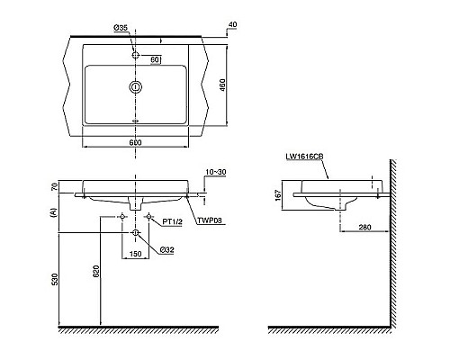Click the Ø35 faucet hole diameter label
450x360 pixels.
coord(121,28)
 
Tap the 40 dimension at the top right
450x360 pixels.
coord(232,24)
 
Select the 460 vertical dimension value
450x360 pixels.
coord(223,85)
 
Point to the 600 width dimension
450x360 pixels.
coord(135,142)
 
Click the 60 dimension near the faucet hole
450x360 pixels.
coord(155,59)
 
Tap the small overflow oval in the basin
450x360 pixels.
coord(136,121)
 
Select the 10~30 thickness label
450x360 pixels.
coord(216,172)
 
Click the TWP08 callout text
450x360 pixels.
coord(210,221)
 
